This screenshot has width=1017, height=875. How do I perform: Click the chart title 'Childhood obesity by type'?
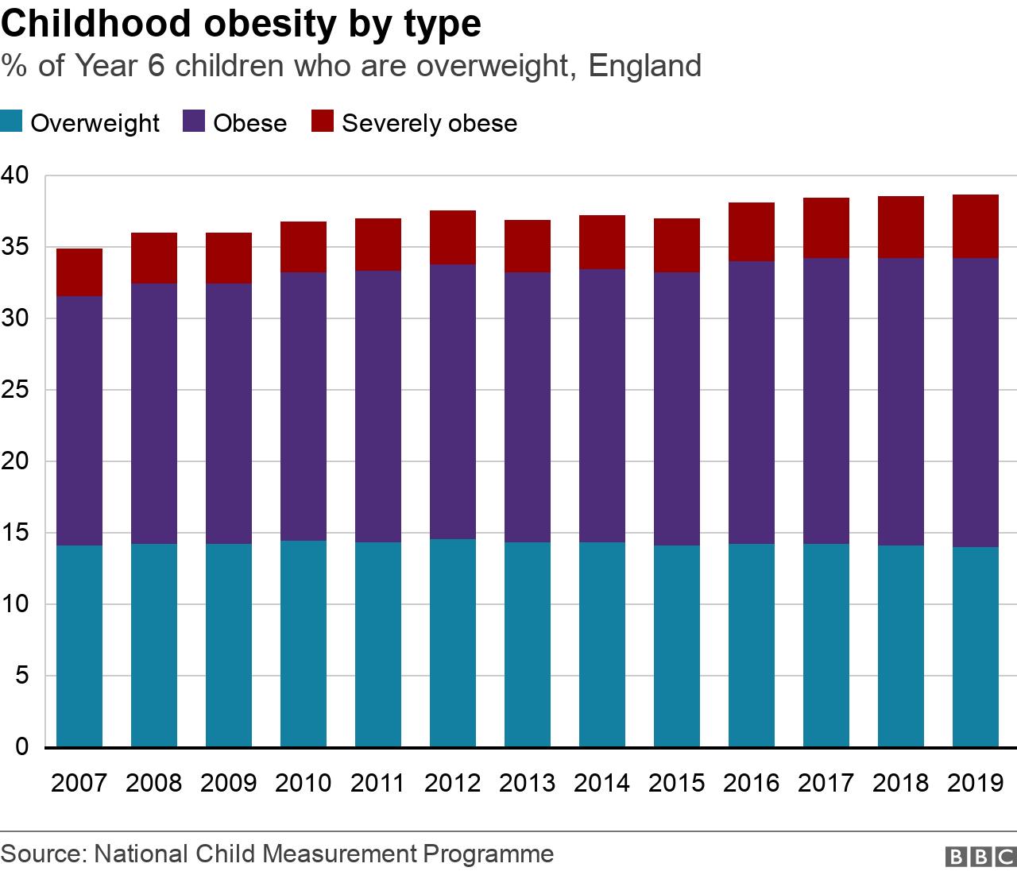(x=242, y=24)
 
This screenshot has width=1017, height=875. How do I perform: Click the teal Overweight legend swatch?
(x=11, y=122)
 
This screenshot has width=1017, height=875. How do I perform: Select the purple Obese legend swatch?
(x=195, y=122)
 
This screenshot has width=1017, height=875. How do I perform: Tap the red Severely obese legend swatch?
(x=322, y=122)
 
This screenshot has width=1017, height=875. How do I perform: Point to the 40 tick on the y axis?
(x=16, y=175)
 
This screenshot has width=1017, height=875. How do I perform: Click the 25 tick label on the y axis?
(x=16, y=390)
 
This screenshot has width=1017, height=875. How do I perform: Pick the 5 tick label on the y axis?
(x=22, y=676)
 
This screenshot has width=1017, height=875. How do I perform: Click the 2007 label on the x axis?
(x=79, y=783)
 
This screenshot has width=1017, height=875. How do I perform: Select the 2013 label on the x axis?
(x=527, y=783)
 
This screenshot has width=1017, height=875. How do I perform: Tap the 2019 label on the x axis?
(x=976, y=783)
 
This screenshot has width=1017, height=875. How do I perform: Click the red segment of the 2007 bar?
(x=79, y=272)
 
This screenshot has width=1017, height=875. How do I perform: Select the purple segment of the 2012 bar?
(x=453, y=402)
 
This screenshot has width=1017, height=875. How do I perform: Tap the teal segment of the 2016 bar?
(x=752, y=645)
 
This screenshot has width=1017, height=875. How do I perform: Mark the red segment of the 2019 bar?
(x=976, y=226)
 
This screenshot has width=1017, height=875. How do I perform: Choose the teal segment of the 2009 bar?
(x=229, y=645)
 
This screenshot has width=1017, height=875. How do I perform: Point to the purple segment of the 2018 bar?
(x=901, y=402)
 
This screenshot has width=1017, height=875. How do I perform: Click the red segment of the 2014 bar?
(x=602, y=242)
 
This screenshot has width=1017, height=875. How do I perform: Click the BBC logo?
(x=978, y=857)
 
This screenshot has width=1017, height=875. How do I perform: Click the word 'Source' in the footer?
(x=43, y=854)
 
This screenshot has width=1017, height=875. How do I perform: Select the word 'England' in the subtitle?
(x=645, y=65)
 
